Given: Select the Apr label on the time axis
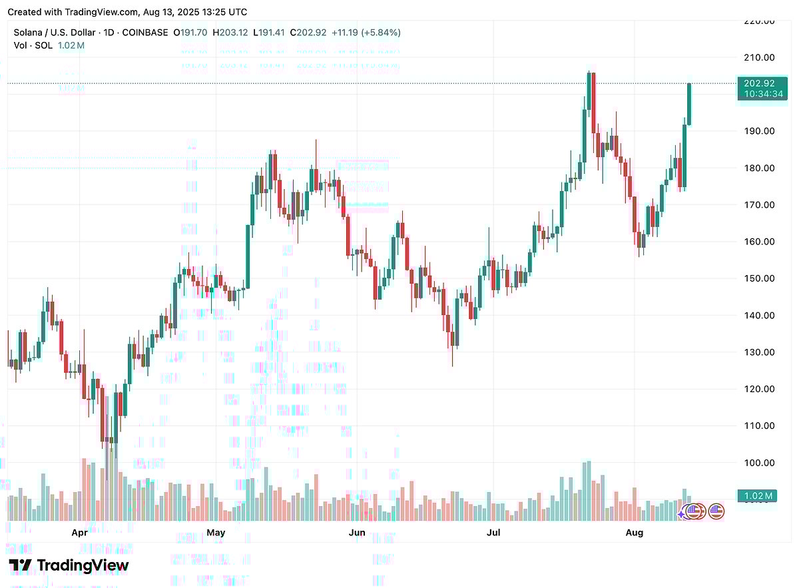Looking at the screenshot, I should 79,533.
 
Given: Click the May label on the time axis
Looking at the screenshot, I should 216,533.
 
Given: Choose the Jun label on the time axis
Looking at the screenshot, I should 358,533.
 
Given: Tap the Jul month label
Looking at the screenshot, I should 493,533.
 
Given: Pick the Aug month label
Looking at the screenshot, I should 635,533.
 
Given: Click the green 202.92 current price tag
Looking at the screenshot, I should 760,84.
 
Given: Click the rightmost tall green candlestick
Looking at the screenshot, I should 689,104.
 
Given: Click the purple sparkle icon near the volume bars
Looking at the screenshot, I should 682,513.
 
